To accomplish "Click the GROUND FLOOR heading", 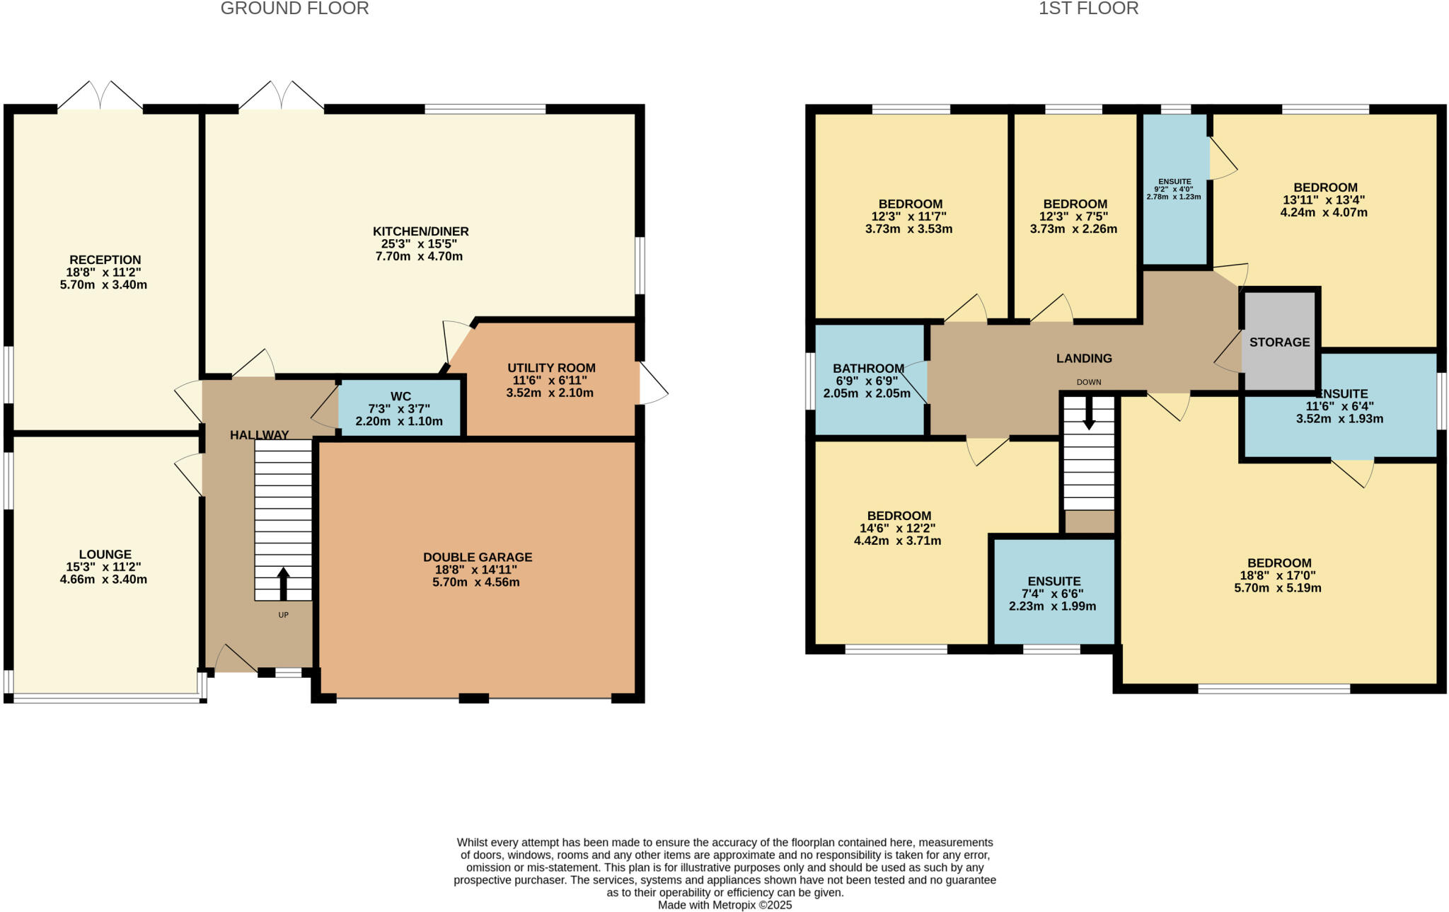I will [294, 8].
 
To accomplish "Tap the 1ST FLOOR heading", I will [1088, 8].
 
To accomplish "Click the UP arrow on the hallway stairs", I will [283, 583].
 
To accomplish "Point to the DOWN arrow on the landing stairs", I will [1089, 412].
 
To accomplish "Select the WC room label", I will [400, 396].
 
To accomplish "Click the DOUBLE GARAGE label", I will [478, 558].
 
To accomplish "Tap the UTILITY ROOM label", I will [551, 368].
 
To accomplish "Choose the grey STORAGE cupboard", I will [1279, 342].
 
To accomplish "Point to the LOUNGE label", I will [105, 555].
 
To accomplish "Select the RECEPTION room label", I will [105, 260].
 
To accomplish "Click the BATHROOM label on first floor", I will [868, 369].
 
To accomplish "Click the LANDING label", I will [1084, 359].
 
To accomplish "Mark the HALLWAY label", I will [259, 435].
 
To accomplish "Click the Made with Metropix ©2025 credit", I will [724, 905].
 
